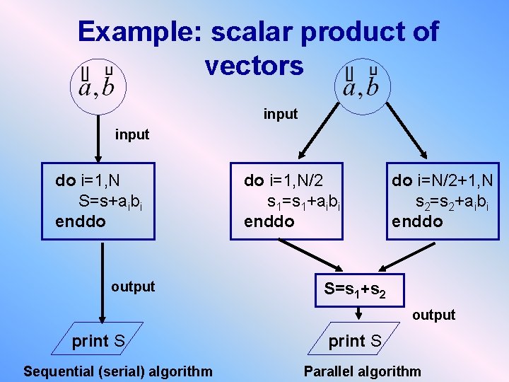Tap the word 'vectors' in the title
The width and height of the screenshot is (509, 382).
254,66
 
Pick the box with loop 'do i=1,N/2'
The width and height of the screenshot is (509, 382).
294,200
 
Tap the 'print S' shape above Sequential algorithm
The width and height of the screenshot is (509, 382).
99,342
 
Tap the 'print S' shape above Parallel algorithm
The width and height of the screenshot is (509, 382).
356,341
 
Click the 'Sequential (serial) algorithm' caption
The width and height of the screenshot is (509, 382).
117,371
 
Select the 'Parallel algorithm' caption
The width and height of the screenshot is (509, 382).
362,371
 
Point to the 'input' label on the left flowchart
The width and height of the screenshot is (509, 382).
132,134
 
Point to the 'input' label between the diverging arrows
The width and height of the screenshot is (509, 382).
281,114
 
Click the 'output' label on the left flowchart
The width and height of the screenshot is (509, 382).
133,286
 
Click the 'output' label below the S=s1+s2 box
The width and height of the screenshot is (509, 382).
434,315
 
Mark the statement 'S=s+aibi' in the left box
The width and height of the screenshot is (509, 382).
111,201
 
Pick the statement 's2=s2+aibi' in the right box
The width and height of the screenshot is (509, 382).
451,202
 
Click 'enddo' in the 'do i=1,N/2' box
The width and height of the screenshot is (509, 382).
269,221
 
